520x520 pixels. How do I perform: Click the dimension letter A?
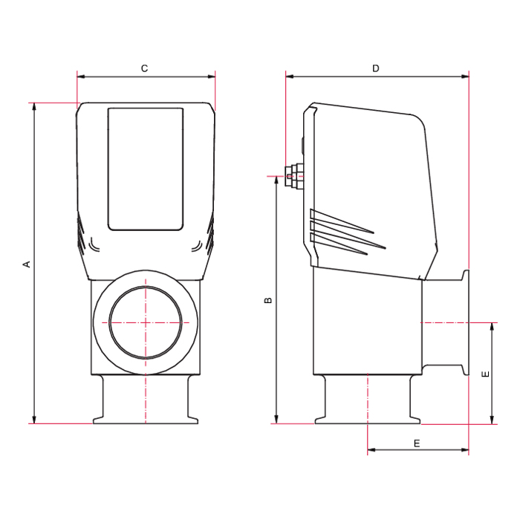point(27,264)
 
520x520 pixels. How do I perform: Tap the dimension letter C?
point(145,68)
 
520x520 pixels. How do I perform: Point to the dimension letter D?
point(376,68)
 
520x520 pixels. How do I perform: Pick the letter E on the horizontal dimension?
point(417,443)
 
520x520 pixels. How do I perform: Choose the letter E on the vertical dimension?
point(485,374)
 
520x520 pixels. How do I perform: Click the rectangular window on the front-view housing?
point(146,169)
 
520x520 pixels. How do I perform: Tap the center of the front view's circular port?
point(146,322)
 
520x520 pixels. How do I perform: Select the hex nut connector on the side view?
point(293,175)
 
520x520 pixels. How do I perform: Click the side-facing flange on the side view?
point(466,323)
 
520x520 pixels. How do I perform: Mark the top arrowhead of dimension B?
point(276,180)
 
